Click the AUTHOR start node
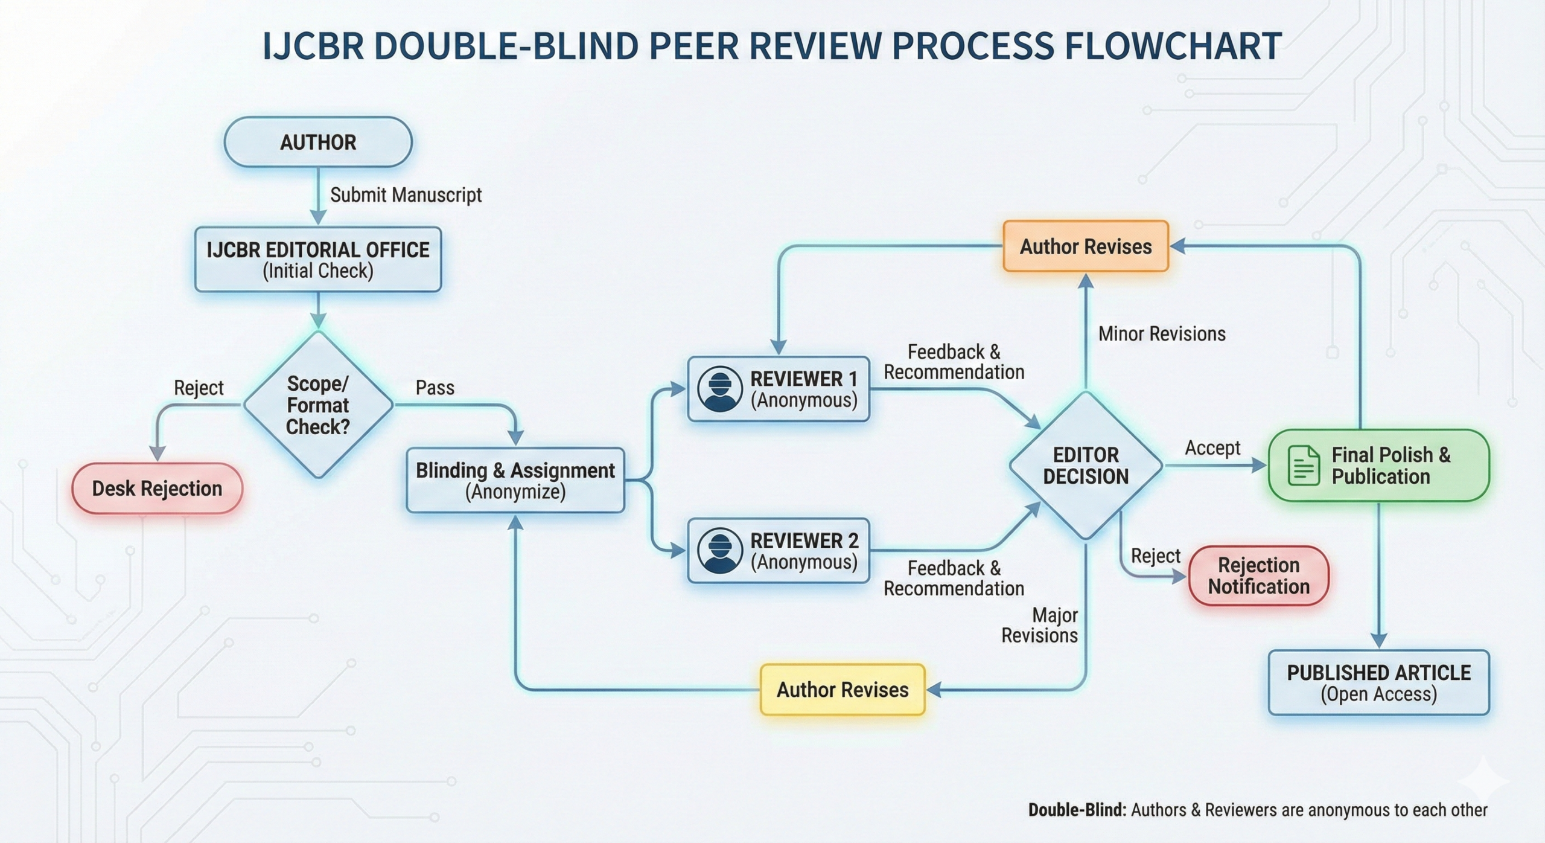[318, 143]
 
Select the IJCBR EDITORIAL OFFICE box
[318, 260]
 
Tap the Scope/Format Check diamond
[318, 405]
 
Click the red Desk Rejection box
[157, 489]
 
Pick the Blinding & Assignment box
[515, 481]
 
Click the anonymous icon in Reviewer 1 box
[719, 389]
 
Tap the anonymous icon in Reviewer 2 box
[719, 551]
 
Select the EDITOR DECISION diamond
[1085, 466]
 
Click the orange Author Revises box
[1085, 246]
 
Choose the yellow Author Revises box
[842, 690]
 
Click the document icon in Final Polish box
[1304, 466]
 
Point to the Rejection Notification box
[1258, 575]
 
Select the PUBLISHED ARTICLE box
[1378, 683]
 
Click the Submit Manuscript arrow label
[406, 195]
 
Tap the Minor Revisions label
[1161, 334]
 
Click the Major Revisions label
[1040, 625]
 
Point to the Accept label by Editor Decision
[1212, 448]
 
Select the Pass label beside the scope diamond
[435, 388]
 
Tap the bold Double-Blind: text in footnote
[1077, 810]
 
